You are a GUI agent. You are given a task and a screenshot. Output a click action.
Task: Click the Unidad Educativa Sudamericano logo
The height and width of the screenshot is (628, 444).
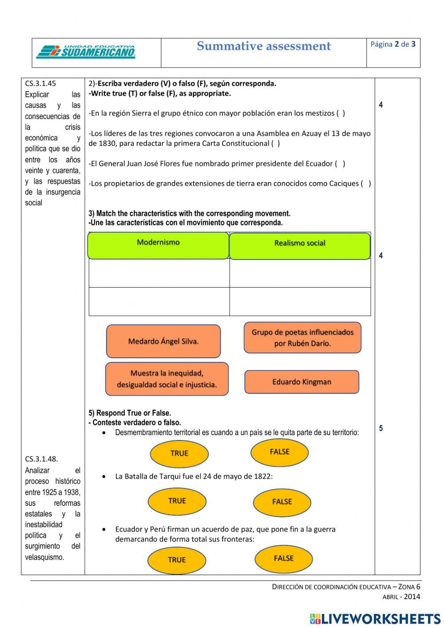pyautogui.click(x=86, y=52)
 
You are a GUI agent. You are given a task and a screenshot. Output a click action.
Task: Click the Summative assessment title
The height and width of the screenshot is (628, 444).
pyautogui.click(x=264, y=46)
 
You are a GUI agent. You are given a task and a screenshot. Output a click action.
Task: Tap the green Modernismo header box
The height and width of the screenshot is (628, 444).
pyautogui.click(x=158, y=245)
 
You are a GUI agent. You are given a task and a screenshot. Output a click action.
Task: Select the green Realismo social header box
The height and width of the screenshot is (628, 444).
pyautogui.click(x=300, y=246)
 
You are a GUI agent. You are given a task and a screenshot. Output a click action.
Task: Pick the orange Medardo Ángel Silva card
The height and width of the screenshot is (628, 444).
pyautogui.click(x=163, y=341)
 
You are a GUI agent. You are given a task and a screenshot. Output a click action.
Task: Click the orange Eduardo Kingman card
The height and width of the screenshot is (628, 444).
pyautogui.click(x=301, y=382)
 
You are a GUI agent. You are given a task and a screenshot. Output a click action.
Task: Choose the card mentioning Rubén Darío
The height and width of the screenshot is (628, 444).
pyautogui.click(x=302, y=338)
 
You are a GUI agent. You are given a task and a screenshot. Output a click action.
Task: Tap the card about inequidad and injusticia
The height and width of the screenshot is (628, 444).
pyautogui.click(x=166, y=379)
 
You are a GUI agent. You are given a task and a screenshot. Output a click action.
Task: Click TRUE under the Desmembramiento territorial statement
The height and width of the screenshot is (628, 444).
pyautogui.click(x=179, y=453)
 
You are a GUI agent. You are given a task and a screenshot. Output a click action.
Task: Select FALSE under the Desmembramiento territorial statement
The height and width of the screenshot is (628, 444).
pyautogui.click(x=280, y=452)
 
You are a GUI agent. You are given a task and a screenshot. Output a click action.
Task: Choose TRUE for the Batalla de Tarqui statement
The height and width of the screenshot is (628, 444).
pyautogui.click(x=177, y=501)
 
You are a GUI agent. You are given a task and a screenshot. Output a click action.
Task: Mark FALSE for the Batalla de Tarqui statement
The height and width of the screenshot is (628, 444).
pyautogui.click(x=282, y=502)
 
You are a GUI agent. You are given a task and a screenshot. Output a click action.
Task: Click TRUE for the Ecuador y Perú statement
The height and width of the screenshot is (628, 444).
pyautogui.click(x=177, y=560)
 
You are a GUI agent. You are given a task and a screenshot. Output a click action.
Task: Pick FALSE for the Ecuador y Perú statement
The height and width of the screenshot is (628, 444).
pyautogui.click(x=284, y=559)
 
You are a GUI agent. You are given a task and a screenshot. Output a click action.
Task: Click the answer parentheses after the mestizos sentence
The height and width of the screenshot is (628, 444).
pyautogui.click(x=341, y=113)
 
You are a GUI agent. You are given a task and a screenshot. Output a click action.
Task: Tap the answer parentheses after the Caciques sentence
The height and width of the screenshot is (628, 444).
pyautogui.click(x=366, y=184)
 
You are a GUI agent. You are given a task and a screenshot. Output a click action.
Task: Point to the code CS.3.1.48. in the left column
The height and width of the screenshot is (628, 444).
pyautogui.click(x=42, y=459)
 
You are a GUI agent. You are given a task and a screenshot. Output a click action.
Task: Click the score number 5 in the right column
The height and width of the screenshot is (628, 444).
pyautogui.click(x=381, y=428)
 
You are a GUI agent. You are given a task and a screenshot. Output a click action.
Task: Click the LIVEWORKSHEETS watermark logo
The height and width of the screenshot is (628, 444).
pyautogui.click(x=375, y=618)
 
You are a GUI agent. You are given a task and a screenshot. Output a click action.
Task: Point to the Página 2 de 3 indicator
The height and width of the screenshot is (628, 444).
pyautogui.click(x=393, y=44)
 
